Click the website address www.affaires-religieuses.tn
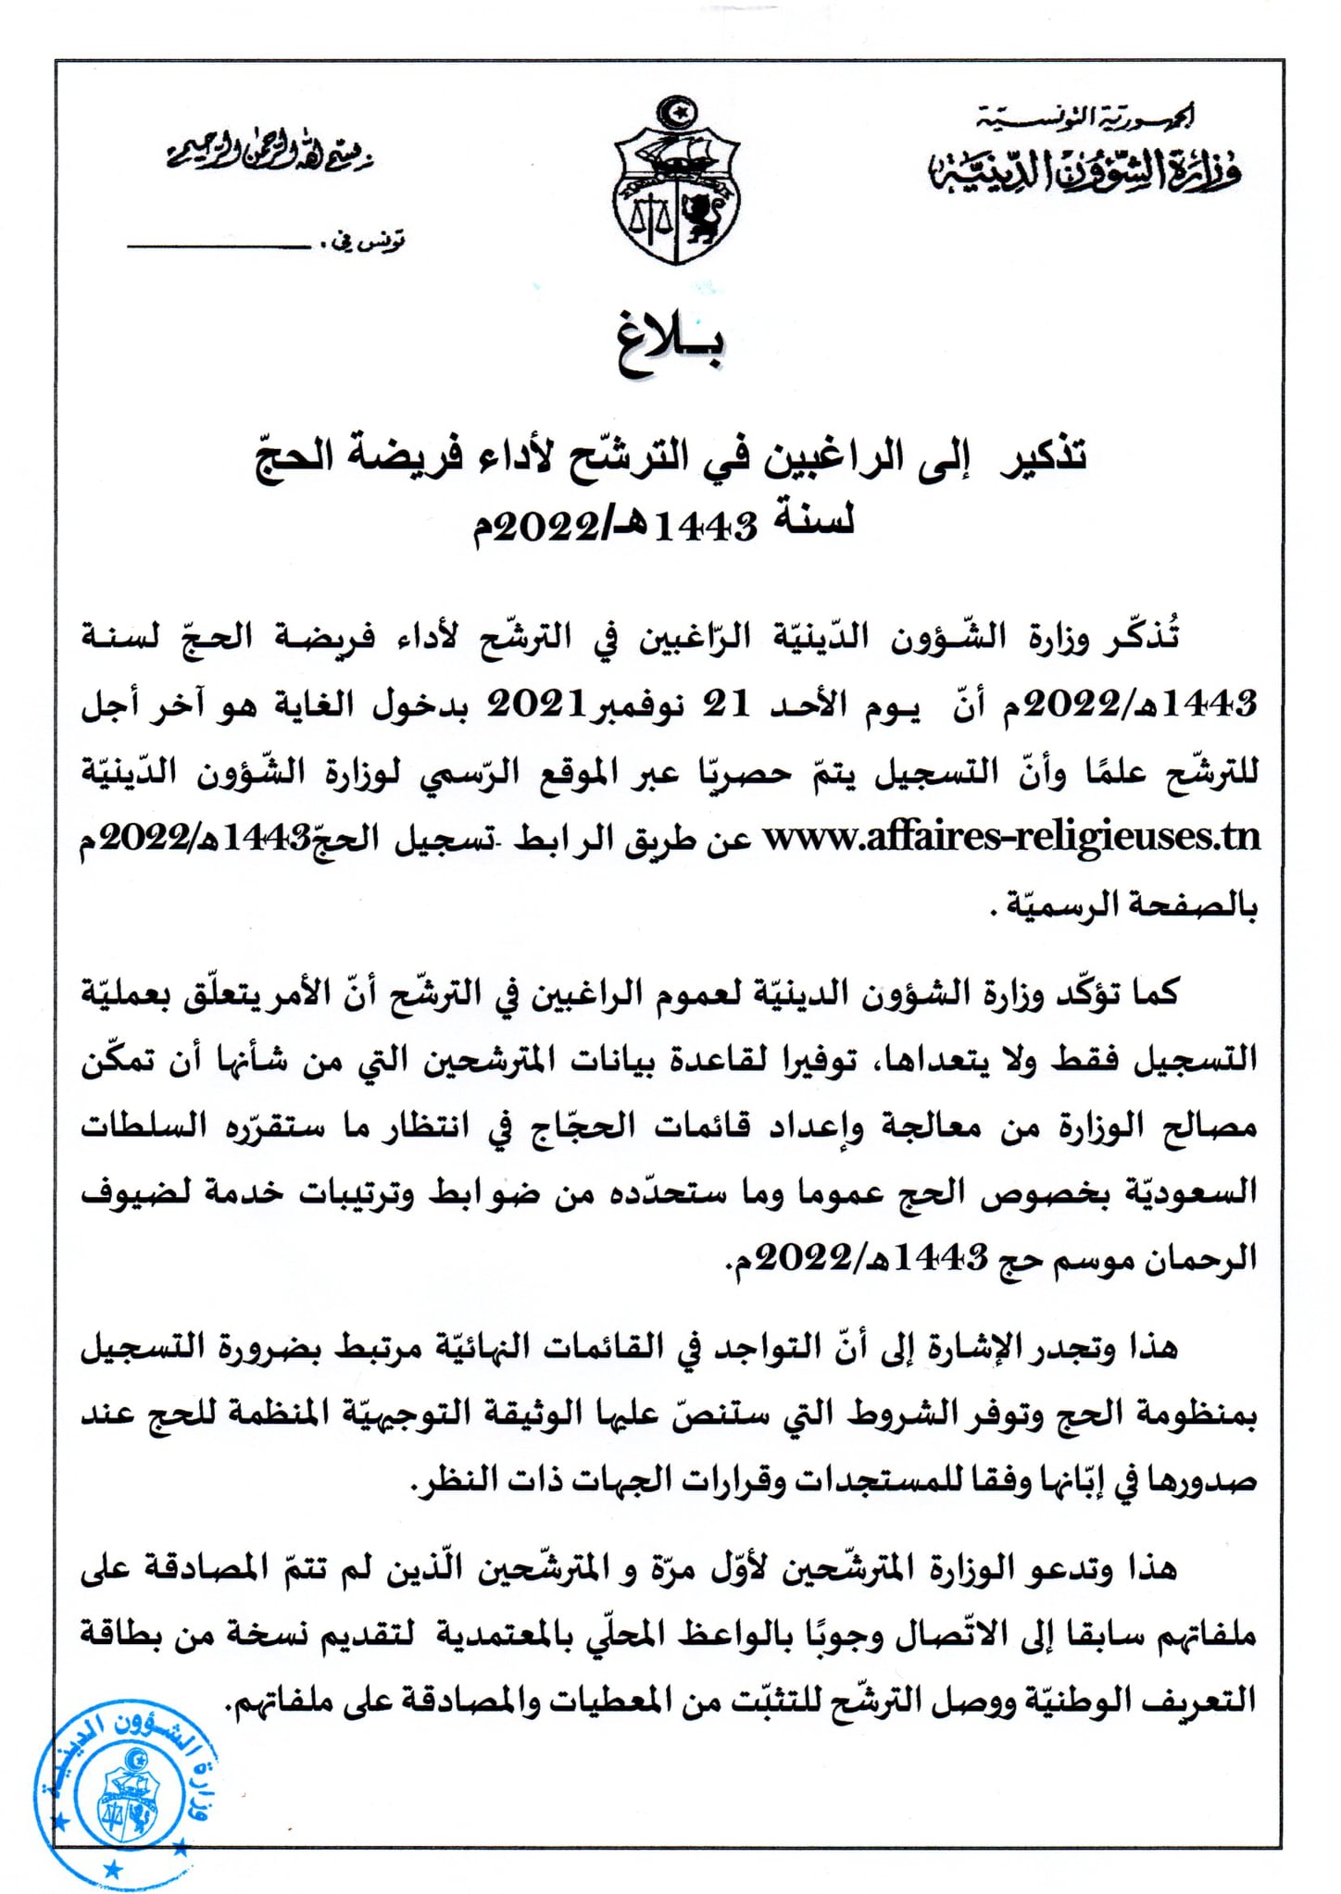click(1011, 837)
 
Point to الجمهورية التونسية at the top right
click(1087, 118)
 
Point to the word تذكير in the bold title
click(1044, 456)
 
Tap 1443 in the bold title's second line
click(706, 526)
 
